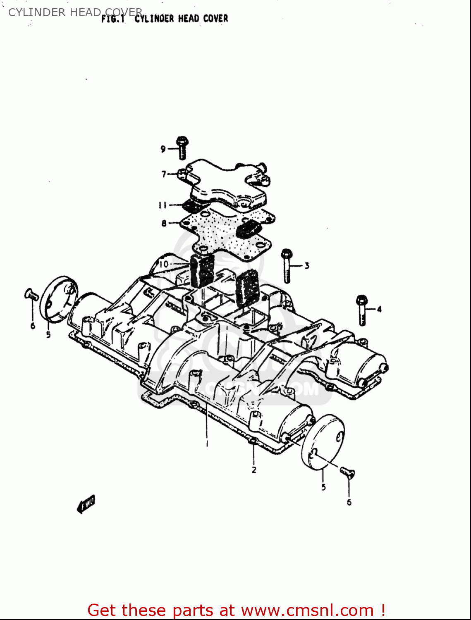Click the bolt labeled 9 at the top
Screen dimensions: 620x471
click(182, 148)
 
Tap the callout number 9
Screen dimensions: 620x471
click(163, 149)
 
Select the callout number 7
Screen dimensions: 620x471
click(164, 174)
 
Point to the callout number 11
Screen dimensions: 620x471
click(163, 205)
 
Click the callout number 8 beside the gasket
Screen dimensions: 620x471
click(164, 223)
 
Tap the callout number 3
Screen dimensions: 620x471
click(307, 266)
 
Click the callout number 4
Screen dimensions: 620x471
click(379, 309)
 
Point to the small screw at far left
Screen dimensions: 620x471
click(31, 294)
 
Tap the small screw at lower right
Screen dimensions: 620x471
click(347, 472)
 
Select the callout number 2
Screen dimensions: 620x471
click(254, 470)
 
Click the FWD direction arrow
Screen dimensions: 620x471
click(86, 504)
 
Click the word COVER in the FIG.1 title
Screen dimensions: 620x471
click(215, 19)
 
